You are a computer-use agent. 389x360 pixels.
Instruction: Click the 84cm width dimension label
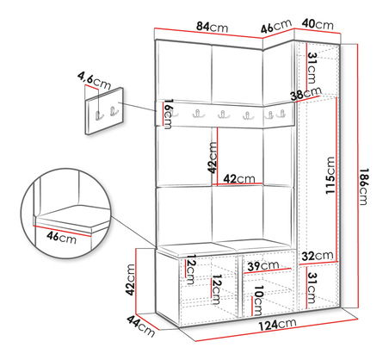213,27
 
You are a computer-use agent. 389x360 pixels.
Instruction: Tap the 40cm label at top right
318,24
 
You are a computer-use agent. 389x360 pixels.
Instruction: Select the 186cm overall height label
363,187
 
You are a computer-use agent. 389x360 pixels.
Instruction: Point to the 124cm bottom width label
277,325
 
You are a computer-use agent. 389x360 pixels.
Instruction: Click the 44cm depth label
140,326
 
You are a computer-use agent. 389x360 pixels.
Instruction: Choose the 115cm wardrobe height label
330,175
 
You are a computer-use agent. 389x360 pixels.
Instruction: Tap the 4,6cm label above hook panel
94,81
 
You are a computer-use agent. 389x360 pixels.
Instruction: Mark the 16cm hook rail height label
169,114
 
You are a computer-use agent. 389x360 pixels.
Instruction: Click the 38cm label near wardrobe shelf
306,94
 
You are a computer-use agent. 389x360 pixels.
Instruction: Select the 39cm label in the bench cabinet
263,266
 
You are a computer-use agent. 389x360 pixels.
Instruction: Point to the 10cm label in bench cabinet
258,301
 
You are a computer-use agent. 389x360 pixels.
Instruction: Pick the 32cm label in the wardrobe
318,256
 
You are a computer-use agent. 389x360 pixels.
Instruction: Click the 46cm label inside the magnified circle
62,237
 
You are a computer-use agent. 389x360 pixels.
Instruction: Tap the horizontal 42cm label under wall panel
239,179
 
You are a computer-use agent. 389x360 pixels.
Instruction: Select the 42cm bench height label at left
130,280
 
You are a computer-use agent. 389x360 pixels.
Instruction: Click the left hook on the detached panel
99,115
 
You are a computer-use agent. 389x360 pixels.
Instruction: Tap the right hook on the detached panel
114,111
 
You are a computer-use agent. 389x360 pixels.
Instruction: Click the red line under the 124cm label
276,330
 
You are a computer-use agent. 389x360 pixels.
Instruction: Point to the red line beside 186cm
357,177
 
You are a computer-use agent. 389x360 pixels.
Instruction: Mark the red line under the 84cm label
209,33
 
